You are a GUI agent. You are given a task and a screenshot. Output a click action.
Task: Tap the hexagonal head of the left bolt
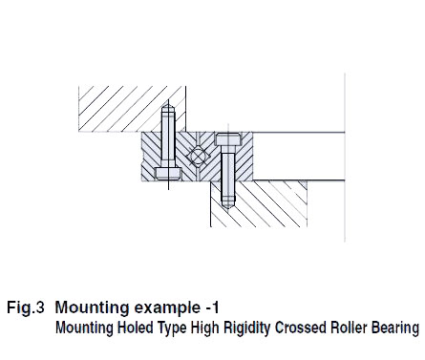[168, 174]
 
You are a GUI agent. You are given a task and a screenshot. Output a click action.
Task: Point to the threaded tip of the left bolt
[168, 113]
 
